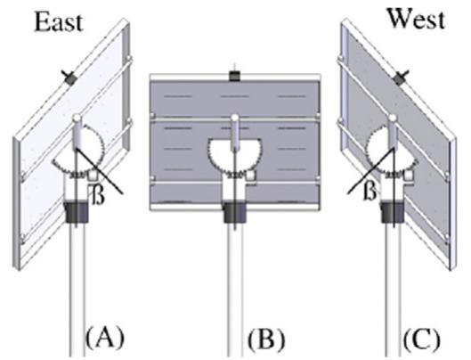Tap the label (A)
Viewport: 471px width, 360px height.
point(102,339)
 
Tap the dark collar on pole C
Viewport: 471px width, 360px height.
point(391,215)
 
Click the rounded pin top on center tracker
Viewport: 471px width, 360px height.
point(233,118)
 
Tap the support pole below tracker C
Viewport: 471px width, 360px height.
point(392,285)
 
